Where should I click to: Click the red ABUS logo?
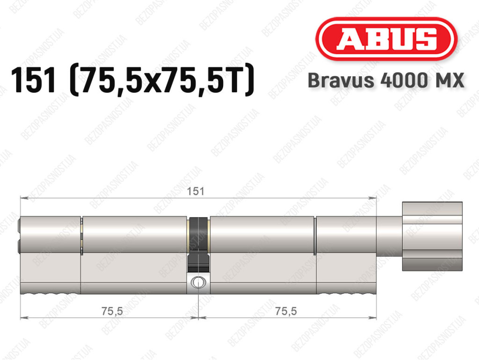(x=386, y=39)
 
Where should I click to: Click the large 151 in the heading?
(x=34, y=80)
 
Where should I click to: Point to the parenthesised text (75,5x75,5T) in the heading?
(x=162, y=80)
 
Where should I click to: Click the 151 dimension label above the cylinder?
(x=196, y=191)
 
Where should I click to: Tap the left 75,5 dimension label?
(x=112, y=311)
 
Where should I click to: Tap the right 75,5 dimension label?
(x=286, y=311)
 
